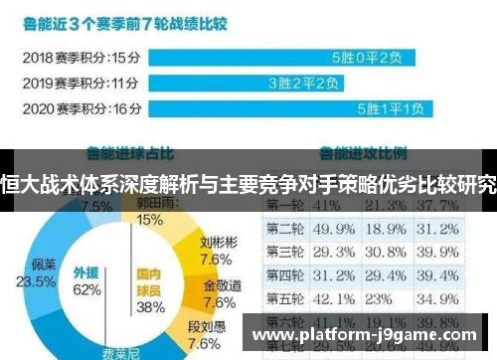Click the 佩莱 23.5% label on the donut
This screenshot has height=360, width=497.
click(44, 273)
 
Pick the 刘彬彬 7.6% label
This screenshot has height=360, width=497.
click(218, 251)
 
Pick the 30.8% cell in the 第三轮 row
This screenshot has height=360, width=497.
click(384, 251)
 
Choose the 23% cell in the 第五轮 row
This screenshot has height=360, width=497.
click(379, 297)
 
